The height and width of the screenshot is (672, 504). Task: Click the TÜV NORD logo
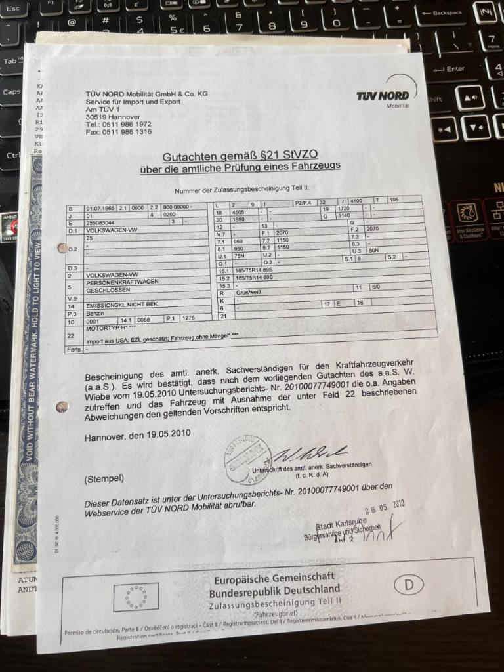[x=383, y=97]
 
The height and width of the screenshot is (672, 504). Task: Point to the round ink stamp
[x=247, y=459]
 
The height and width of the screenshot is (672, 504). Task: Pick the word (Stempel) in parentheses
[x=104, y=478]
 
